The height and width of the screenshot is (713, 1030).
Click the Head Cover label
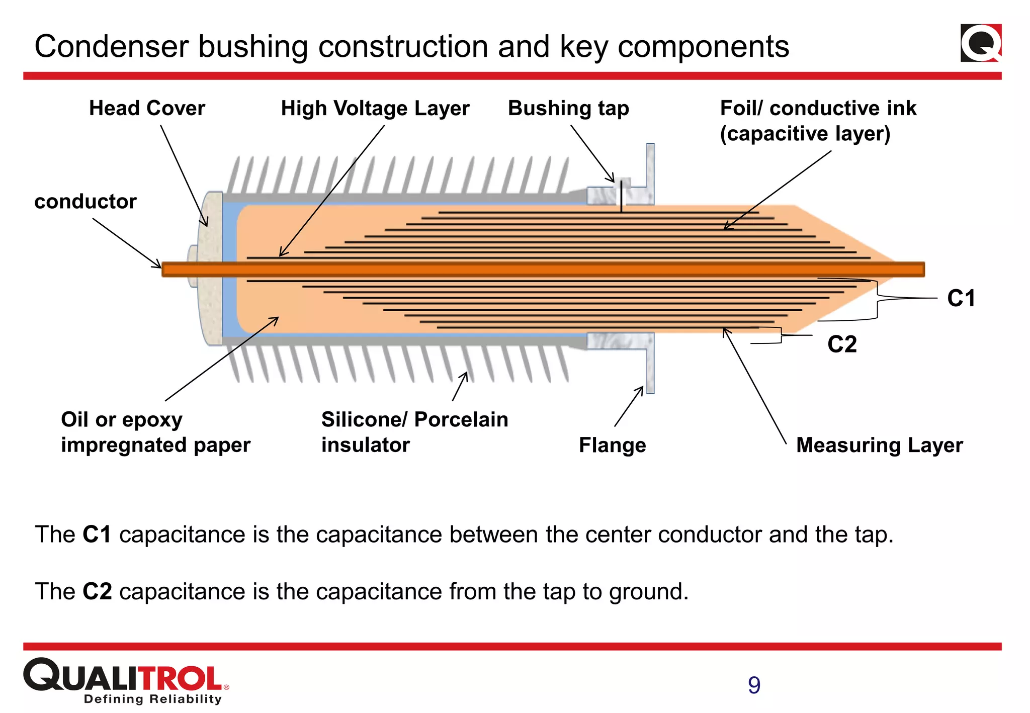point(147,109)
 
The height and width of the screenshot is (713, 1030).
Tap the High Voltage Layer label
point(375,109)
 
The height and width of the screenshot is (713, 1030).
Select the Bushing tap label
point(568,109)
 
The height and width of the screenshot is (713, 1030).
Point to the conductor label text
point(85,202)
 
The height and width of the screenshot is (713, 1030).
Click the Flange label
point(612,445)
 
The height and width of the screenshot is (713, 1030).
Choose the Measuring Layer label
point(879,445)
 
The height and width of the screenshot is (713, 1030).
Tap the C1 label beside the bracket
point(961,299)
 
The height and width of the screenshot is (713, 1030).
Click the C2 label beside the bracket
point(842,344)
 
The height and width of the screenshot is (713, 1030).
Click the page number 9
point(754,685)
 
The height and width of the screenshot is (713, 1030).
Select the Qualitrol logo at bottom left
point(126,680)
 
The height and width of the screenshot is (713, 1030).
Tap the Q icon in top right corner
point(981,43)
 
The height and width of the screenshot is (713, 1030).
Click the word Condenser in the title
point(111,47)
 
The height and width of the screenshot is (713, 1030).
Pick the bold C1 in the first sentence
point(97,534)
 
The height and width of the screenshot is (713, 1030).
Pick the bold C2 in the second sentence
point(97,592)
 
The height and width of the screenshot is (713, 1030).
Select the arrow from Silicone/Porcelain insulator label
point(460,386)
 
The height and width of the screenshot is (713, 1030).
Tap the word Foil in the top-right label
point(740,109)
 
